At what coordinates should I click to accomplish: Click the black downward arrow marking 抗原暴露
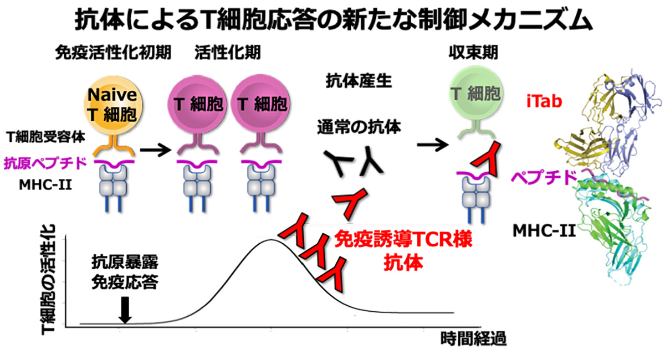125,310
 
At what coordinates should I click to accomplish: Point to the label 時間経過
473,338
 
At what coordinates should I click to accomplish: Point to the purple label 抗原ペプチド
45,163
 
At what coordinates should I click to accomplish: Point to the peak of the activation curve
270,240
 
